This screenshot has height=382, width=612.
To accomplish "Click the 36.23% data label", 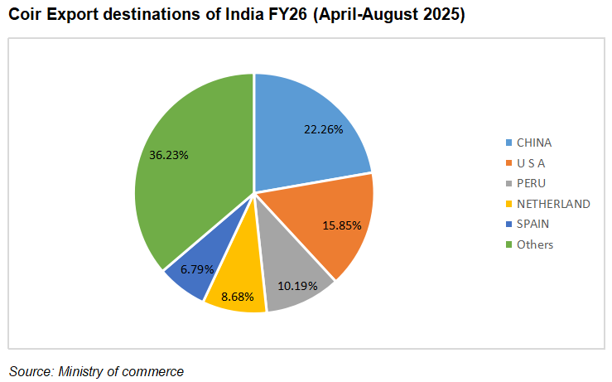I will pos(168,154).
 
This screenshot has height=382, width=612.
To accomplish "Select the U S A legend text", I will pos(531,163).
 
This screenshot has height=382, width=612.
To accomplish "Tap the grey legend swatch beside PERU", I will pos(507,183).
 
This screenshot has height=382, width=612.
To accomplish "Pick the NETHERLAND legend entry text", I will pos(553,204).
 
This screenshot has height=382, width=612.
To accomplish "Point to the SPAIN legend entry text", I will pos(532,224).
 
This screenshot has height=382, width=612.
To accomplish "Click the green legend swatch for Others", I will pos(507,244).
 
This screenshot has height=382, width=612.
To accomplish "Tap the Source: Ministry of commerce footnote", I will pos(96,371).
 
